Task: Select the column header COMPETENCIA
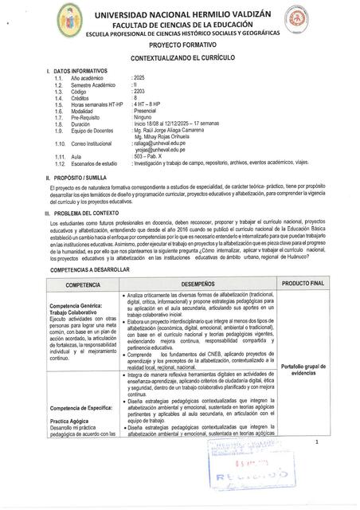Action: tap(83, 284)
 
